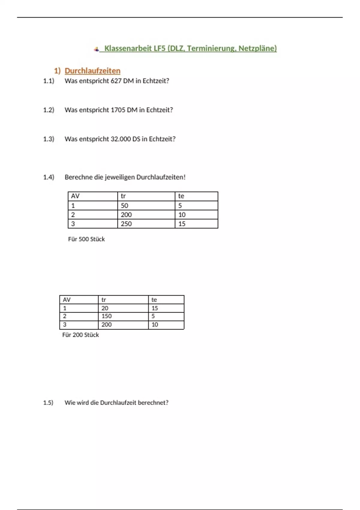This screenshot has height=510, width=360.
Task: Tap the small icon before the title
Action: point(96,49)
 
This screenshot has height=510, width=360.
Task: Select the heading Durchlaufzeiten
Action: point(92,71)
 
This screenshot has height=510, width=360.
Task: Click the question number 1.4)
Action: point(49,177)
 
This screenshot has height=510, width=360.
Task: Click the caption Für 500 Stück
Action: point(86,239)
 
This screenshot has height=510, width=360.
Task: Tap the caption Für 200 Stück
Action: point(80,335)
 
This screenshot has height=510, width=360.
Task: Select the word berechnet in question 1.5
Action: point(153,403)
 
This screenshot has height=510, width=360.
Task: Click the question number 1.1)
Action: point(49,81)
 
